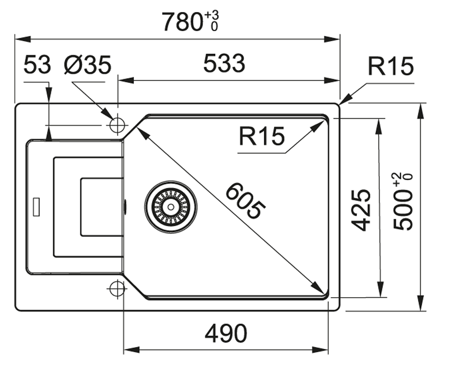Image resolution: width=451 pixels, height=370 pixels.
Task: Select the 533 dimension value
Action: (x=224, y=64)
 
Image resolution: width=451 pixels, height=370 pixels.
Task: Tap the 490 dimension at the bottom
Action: (x=226, y=334)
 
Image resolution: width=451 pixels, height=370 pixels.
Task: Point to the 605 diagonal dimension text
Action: (x=245, y=202)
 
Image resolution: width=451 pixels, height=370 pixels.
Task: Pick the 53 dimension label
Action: (x=37, y=65)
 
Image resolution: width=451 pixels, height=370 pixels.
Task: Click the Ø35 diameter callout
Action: (x=87, y=65)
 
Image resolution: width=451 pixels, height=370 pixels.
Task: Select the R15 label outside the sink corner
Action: (x=391, y=67)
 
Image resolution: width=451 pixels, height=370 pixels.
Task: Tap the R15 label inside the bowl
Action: (x=261, y=137)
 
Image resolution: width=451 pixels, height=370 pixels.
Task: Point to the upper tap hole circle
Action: (x=117, y=125)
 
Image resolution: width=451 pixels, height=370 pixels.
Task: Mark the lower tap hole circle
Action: (x=117, y=289)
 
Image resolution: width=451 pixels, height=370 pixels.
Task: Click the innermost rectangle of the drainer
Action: (x=101, y=207)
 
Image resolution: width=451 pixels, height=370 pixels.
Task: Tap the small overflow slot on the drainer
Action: (x=36, y=207)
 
